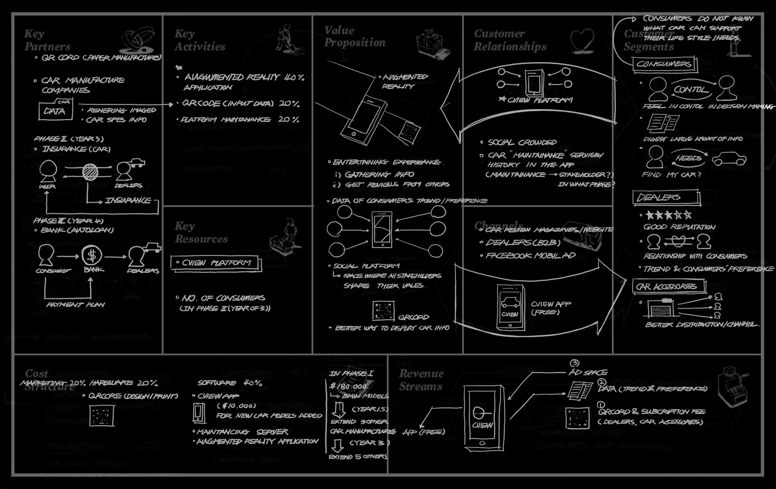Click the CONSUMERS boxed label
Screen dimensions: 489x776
click(664, 64)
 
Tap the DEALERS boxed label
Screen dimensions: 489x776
click(666, 197)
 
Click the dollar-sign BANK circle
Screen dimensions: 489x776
click(92, 255)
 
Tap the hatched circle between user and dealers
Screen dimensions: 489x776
click(90, 172)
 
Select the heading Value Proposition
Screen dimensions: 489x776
click(354, 36)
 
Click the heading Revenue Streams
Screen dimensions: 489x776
click(421, 380)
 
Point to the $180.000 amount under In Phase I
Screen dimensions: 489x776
click(348, 386)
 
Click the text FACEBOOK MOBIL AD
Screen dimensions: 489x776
click(530, 256)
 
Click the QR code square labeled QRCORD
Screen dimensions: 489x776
click(383, 311)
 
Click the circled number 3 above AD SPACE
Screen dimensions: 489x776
click(574, 363)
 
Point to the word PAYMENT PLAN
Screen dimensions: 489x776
click(75, 305)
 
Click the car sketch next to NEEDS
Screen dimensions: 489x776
click(729, 159)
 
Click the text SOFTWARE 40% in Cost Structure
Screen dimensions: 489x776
click(230, 383)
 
